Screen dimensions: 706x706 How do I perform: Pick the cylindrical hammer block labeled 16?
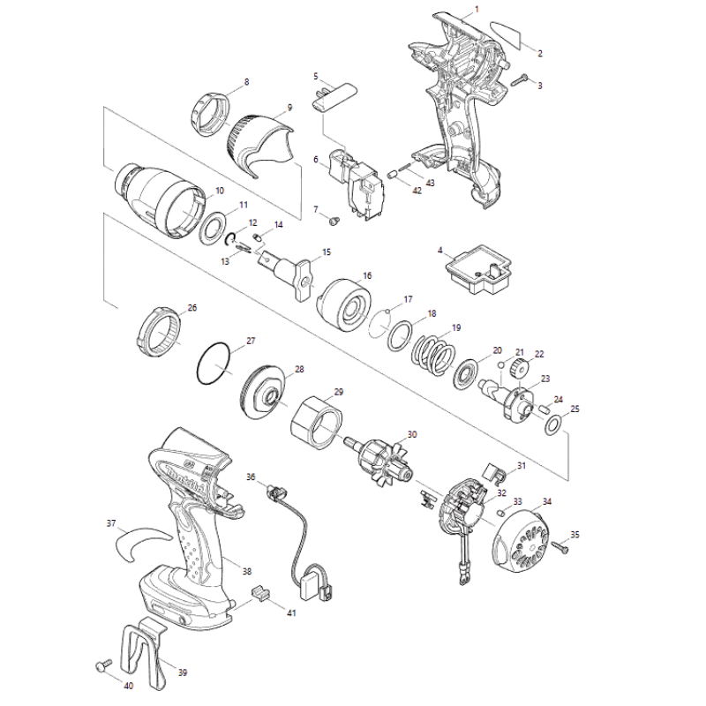(x=344, y=305)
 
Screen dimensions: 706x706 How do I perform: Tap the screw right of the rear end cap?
(x=562, y=545)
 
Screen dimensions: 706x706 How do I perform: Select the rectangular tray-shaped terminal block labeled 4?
(x=477, y=268)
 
